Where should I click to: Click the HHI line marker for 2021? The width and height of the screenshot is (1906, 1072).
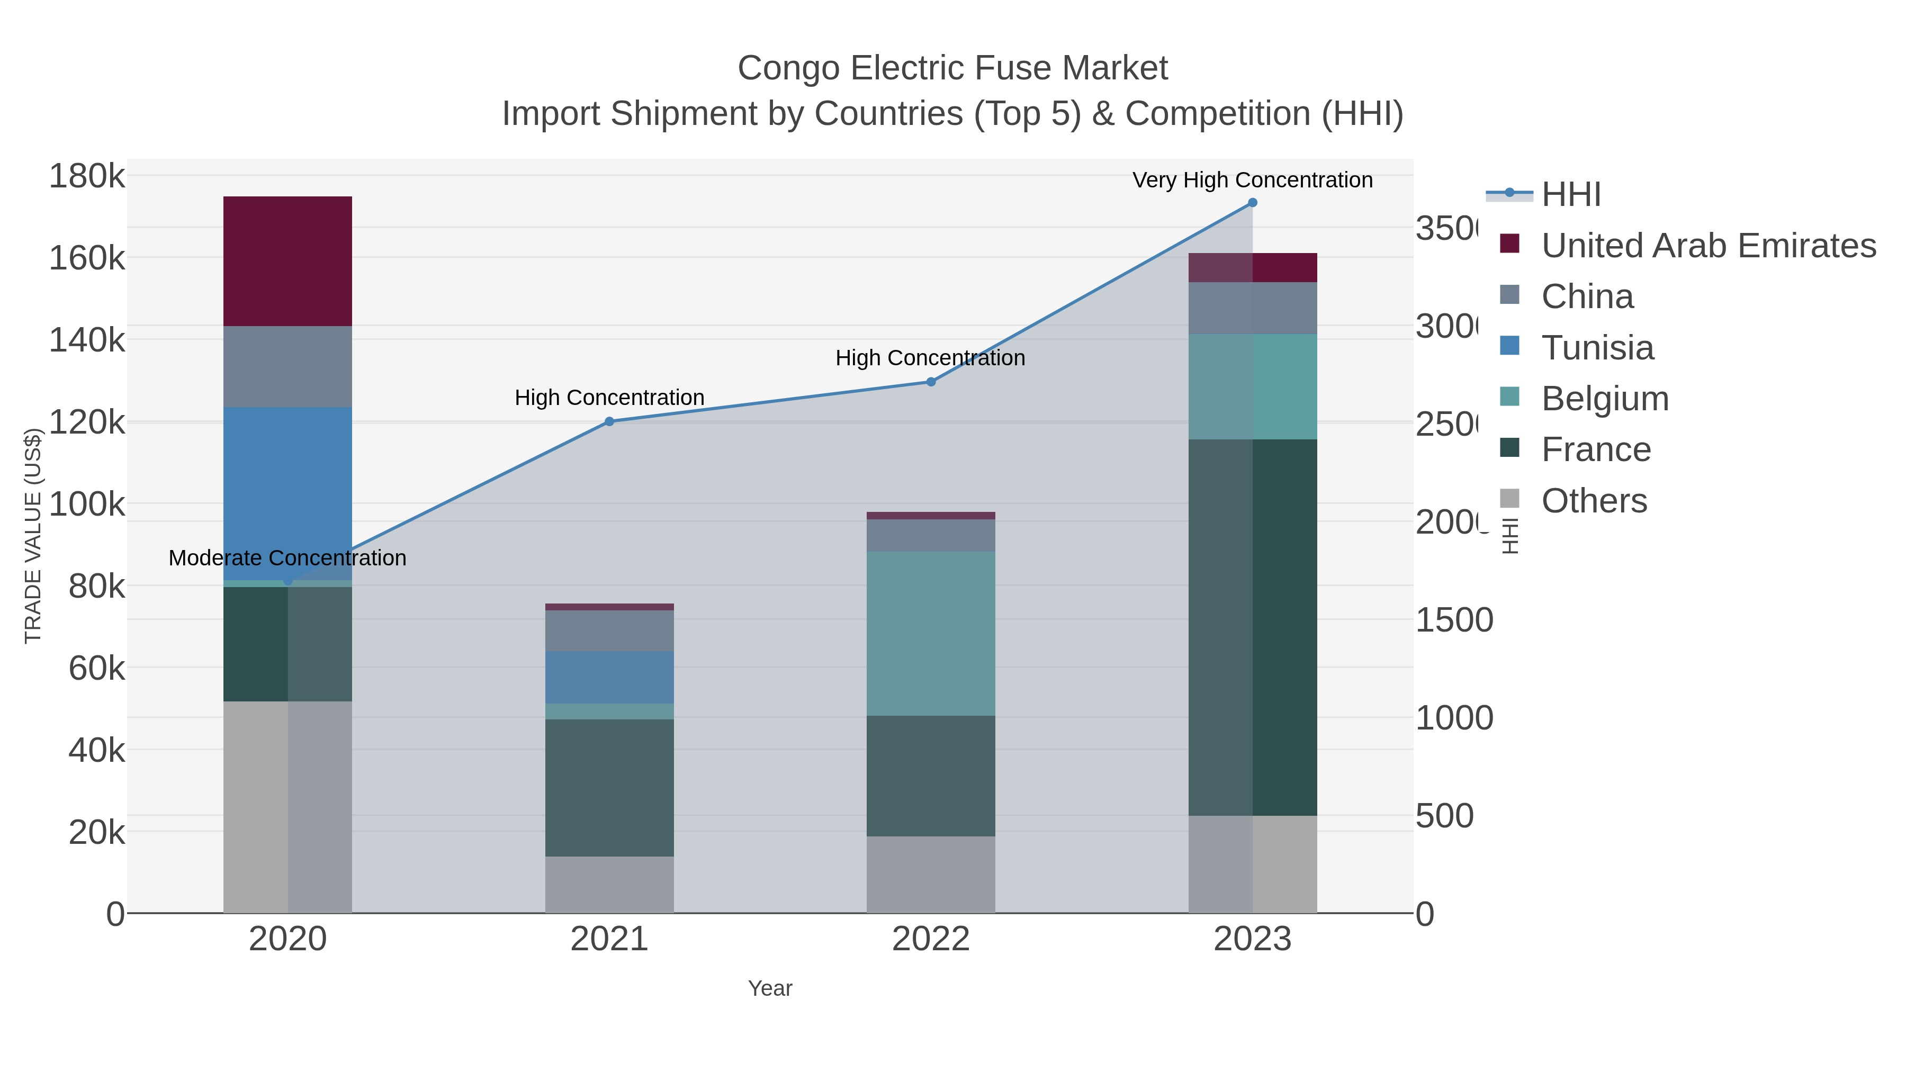[609, 422]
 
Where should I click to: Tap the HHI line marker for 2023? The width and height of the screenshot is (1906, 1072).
[1252, 203]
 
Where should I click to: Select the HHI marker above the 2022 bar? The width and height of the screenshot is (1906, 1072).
[931, 382]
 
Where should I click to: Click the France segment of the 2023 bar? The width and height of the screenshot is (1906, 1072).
[1252, 627]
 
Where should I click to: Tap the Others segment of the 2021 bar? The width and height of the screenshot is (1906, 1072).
[609, 884]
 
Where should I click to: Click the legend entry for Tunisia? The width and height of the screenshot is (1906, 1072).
[1597, 348]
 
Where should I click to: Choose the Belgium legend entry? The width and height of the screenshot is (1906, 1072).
[1604, 399]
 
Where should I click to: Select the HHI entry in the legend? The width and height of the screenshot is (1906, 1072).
[1570, 195]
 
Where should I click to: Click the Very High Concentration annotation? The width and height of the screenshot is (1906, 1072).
[1252, 180]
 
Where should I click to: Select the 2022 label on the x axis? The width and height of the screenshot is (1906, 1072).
[930, 939]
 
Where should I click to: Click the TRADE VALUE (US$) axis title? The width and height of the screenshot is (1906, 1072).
[33, 536]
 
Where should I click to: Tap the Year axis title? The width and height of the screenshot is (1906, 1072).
[769, 988]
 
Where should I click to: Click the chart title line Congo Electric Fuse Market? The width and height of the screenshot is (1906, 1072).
[952, 68]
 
